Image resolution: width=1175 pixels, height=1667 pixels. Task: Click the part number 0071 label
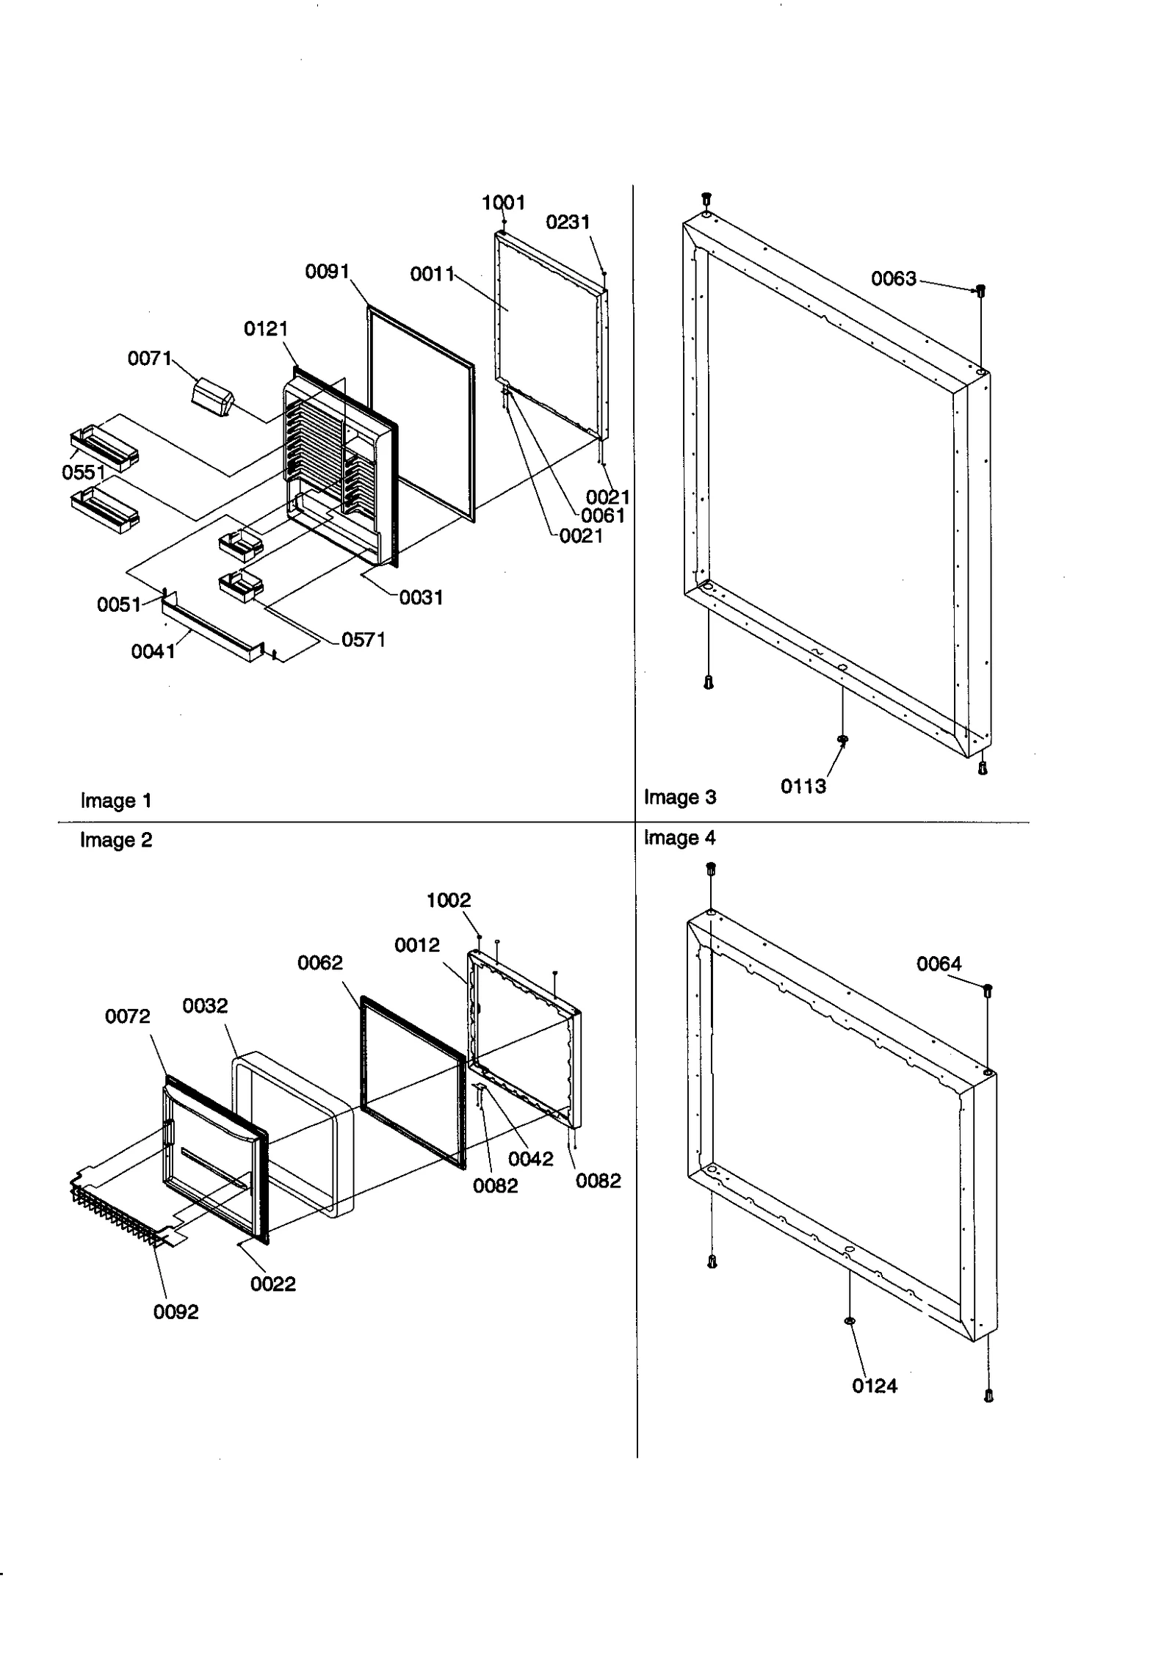(149, 358)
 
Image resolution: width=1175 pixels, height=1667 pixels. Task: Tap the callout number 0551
(84, 472)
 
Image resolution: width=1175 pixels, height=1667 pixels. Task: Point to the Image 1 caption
(116, 800)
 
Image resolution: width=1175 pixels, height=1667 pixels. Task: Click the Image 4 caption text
(679, 837)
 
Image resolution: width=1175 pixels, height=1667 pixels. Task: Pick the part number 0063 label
(894, 278)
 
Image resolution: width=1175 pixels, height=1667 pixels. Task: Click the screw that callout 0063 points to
(980, 290)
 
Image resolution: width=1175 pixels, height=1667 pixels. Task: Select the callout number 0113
(803, 787)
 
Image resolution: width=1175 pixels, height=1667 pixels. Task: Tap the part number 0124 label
(874, 1386)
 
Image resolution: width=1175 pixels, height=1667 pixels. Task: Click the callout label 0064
(939, 963)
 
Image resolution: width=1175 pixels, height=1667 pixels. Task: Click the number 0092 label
(176, 1312)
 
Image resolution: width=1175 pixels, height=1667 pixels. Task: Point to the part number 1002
(448, 900)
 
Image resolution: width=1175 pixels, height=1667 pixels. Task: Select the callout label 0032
(205, 1005)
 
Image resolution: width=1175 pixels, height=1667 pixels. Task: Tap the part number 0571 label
(364, 640)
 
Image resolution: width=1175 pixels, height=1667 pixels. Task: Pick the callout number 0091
(327, 272)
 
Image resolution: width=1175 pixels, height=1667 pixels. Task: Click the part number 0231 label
(568, 222)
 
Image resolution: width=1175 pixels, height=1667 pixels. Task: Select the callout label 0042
(530, 1158)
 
